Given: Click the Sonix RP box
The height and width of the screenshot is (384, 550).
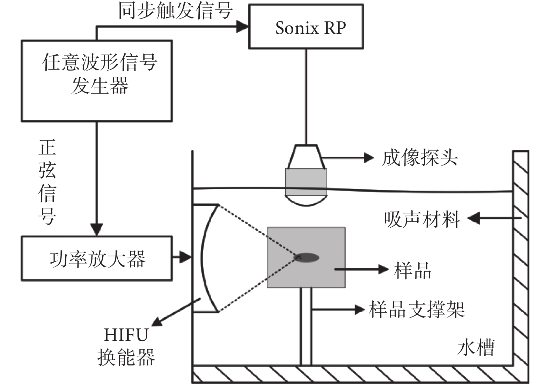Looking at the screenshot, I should click(306, 27).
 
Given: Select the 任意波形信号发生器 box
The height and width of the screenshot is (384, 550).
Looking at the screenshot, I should click(97, 81).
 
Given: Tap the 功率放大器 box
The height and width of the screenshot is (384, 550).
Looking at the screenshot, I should click(97, 259).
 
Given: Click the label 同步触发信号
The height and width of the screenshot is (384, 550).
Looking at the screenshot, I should click(175, 10).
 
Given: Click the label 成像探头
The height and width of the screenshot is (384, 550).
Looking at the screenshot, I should click(420, 158).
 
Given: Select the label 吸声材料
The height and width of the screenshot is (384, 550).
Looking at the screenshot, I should click(422, 219).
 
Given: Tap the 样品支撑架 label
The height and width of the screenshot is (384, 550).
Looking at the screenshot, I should click(417, 310).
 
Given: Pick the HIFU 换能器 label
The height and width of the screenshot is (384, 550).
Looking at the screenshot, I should click(126, 346).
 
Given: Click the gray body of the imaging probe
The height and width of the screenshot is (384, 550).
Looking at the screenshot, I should click(306, 182).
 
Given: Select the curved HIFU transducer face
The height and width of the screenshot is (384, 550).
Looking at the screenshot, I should click(206, 258).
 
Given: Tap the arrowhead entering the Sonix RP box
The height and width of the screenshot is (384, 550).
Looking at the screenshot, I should click(242, 26).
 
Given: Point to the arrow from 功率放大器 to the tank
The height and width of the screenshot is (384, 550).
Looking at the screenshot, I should click(182, 258).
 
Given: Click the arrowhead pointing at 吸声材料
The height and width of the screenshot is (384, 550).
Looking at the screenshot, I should click(474, 219).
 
